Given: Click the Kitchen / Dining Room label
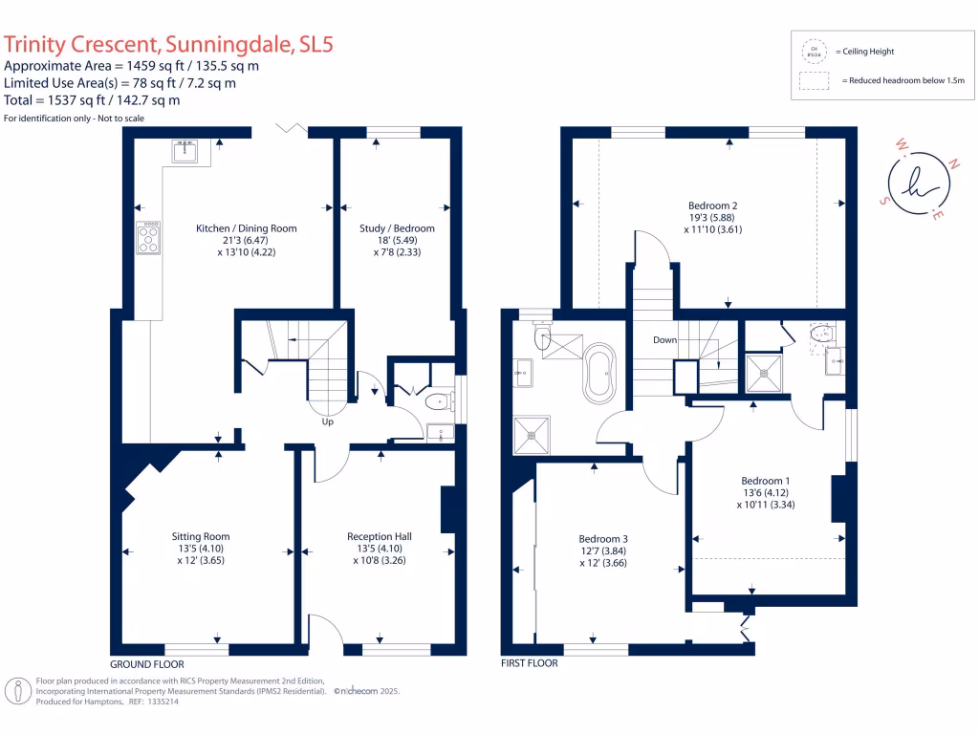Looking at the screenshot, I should [246, 228].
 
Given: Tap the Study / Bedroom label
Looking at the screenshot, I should [397, 228].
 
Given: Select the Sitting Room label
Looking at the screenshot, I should [200, 537].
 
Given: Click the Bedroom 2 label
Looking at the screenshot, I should [712, 205].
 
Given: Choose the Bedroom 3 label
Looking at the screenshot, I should [604, 539].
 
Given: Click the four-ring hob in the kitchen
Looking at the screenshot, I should [149, 238].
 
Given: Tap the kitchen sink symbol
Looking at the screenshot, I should [185, 151].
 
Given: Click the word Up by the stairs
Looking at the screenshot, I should [328, 421].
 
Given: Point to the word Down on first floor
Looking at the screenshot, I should [665, 340].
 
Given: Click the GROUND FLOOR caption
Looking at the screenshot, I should [146, 663].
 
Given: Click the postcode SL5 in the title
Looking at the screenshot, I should [316, 45].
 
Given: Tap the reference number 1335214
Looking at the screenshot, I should [161, 702].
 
